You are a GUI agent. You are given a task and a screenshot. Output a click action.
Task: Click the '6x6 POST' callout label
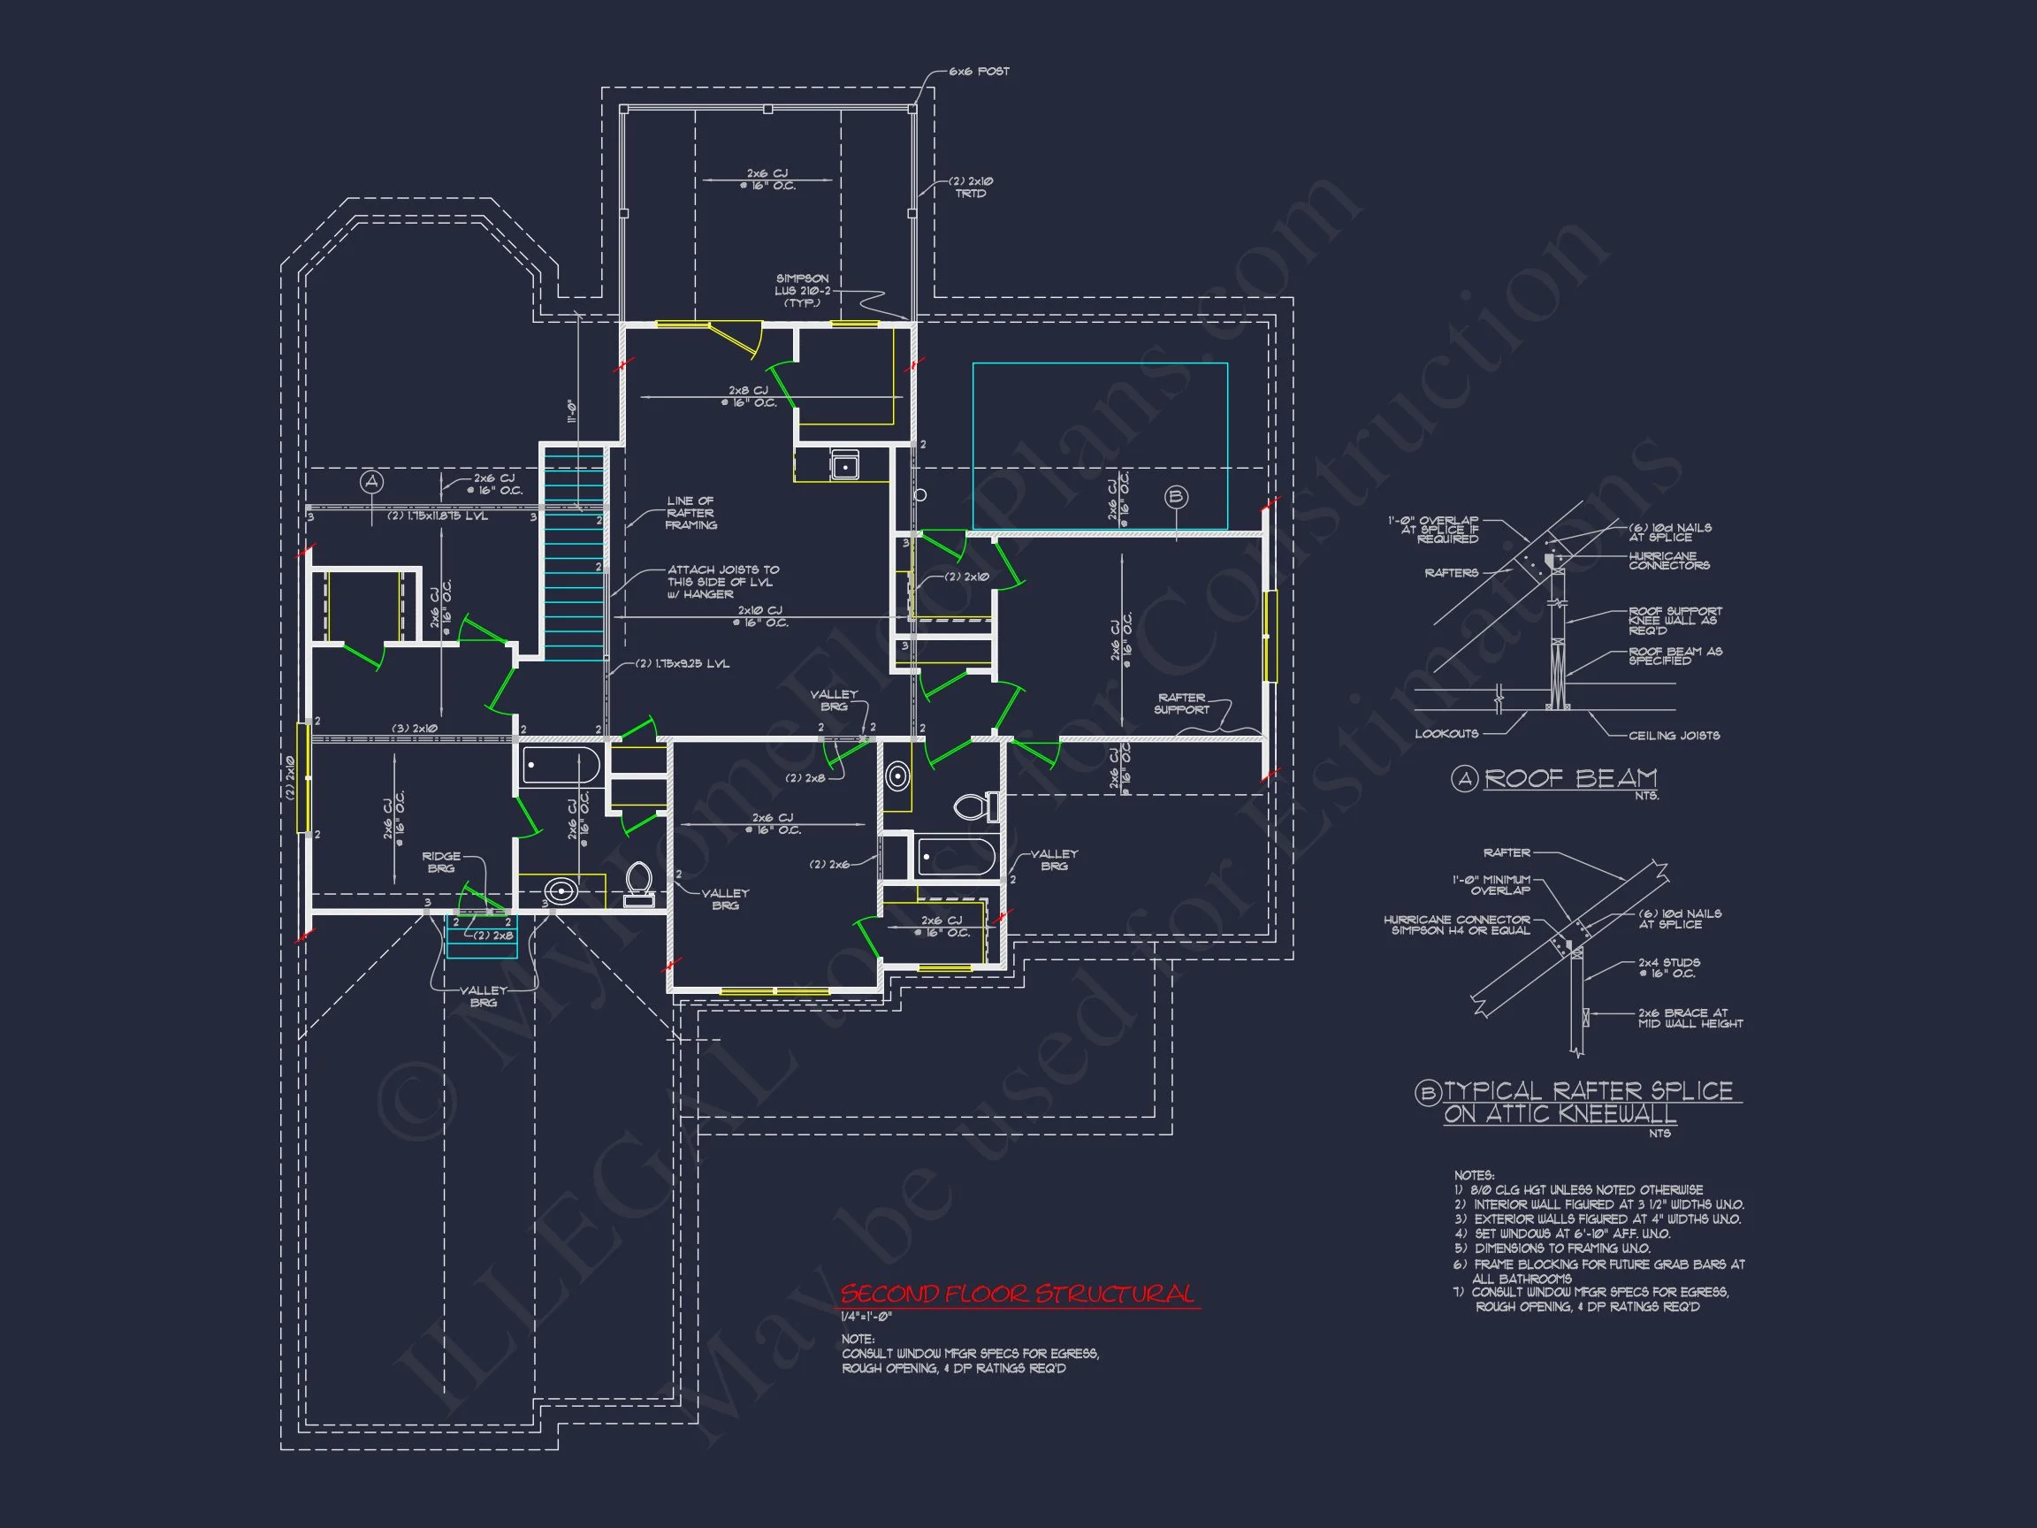[x=979, y=71]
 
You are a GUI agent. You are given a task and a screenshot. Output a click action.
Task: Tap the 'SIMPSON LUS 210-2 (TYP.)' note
[x=801, y=290]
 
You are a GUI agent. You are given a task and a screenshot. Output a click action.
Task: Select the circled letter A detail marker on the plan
[x=371, y=482]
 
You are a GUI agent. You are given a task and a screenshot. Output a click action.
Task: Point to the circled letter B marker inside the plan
[x=1176, y=497]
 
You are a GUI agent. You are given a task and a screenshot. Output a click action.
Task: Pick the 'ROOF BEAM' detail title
[x=1570, y=778]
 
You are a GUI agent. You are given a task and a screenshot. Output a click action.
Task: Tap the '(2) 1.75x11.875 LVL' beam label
[x=438, y=516]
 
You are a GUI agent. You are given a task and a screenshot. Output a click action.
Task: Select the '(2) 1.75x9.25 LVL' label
[x=683, y=663]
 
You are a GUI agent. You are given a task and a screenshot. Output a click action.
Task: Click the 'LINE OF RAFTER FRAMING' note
[x=690, y=513]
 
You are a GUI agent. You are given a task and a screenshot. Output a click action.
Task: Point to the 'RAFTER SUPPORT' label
[x=1181, y=704]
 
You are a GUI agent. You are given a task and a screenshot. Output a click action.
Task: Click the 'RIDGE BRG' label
[x=441, y=862]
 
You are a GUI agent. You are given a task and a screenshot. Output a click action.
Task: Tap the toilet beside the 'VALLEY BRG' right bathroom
[x=974, y=806]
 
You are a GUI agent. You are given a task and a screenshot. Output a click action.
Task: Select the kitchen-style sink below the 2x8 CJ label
[x=844, y=465]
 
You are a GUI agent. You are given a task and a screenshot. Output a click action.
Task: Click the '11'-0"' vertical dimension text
[x=571, y=411]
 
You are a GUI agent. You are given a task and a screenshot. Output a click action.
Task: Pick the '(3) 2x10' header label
[x=415, y=729]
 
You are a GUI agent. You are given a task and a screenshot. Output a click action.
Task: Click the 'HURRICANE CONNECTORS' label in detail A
[x=1667, y=561]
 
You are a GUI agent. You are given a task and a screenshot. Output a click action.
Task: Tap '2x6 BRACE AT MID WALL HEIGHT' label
[x=1690, y=1018]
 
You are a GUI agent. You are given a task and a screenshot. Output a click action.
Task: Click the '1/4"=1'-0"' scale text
[x=866, y=1317]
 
